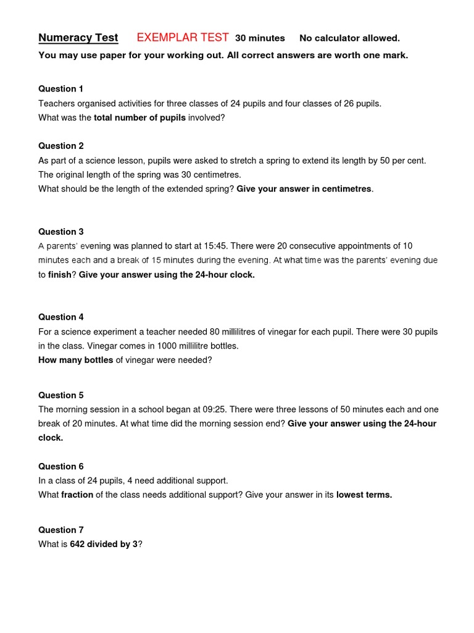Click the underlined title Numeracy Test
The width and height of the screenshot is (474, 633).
pos(78,38)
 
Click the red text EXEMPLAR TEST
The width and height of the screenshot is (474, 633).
pos(183,38)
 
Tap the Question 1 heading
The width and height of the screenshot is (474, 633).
pos(60,89)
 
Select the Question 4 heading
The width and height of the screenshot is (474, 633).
pos(60,317)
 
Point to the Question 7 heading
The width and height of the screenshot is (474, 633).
pos(60,530)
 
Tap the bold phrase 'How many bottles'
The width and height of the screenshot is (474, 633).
pos(76,360)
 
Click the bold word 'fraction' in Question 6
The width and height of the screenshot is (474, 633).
pos(77,495)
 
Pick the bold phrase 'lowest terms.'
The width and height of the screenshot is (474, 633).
pos(364,495)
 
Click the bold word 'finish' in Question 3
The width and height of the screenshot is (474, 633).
pos(60,275)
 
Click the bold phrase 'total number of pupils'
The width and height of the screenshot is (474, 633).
pos(139,117)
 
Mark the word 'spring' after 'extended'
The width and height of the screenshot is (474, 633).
pos(220,189)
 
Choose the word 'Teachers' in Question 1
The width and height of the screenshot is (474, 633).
pos(57,103)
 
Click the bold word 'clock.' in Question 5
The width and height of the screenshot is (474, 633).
pos(51,438)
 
